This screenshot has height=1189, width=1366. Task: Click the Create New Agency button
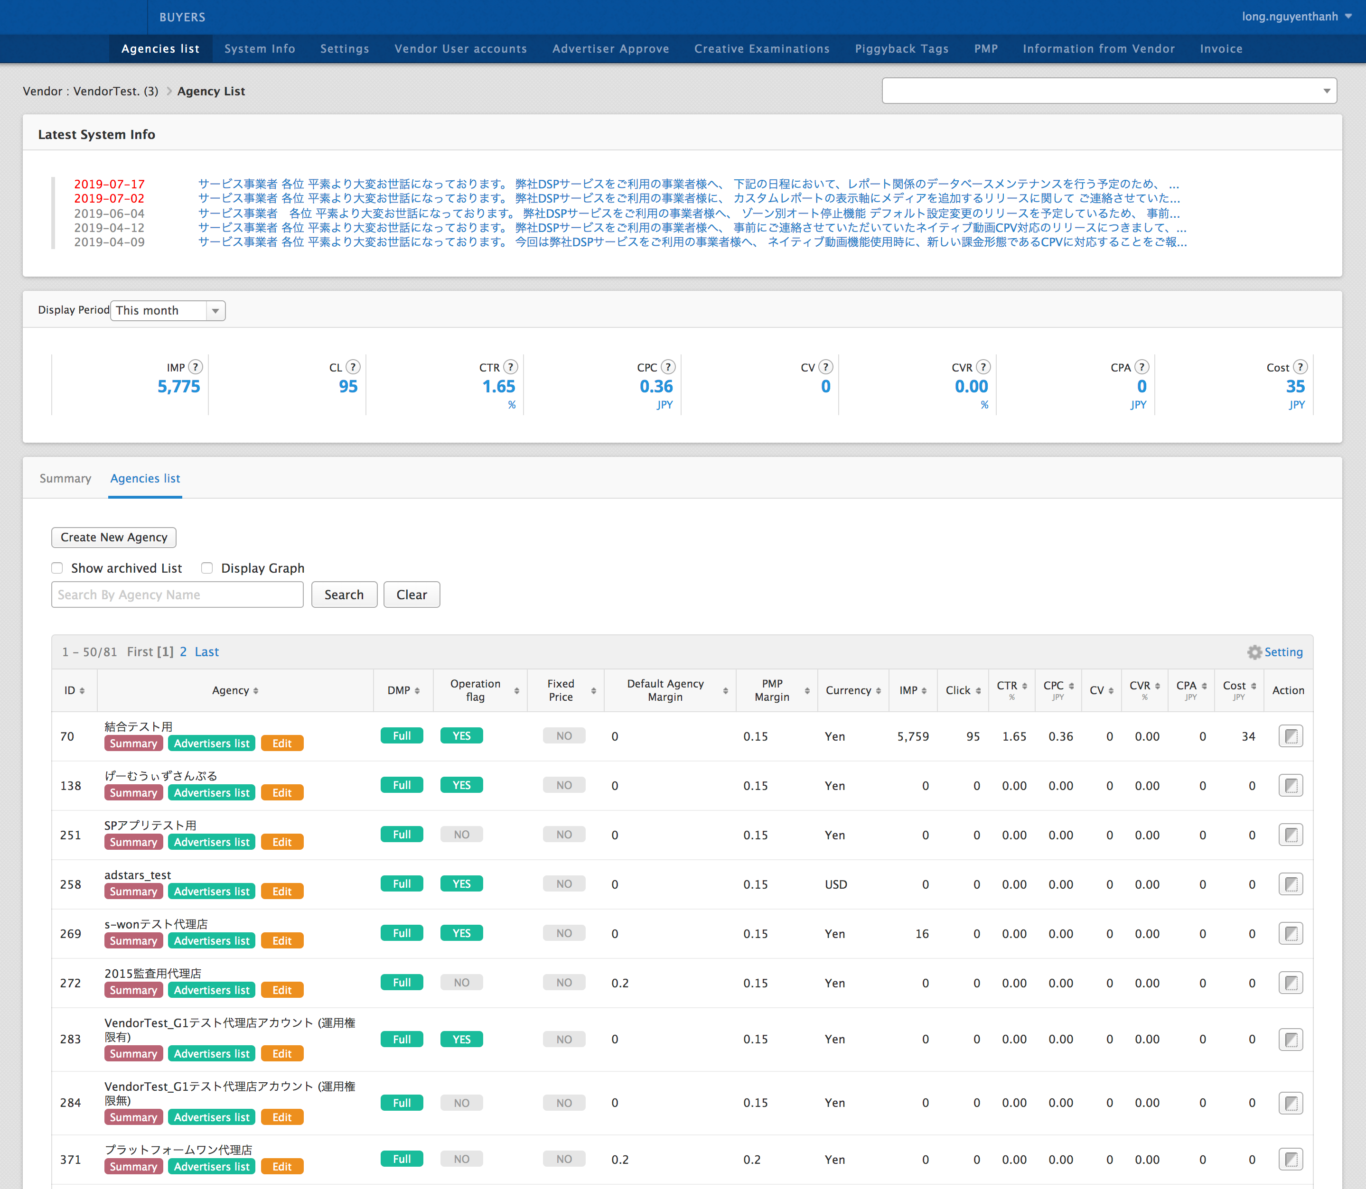coord(113,538)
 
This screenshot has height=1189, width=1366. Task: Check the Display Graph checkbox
coord(207,568)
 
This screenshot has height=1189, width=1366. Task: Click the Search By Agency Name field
coord(177,594)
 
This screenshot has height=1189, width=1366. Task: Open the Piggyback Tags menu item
coord(901,49)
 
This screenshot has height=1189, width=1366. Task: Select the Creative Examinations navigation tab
coord(761,49)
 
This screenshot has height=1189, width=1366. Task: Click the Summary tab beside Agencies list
coord(65,478)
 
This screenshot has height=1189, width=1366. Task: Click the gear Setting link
coord(1275,652)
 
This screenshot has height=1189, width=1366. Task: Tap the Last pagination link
coord(206,652)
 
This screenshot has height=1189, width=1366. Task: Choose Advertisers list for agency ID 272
coord(212,990)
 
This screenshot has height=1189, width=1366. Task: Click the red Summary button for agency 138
coord(133,793)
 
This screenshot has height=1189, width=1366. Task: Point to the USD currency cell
coord(836,884)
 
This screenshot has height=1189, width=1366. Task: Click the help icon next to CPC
coord(668,367)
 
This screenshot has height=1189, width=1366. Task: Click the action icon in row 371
coord(1291,1159)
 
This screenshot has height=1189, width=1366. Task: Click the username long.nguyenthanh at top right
coord(1290,17)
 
